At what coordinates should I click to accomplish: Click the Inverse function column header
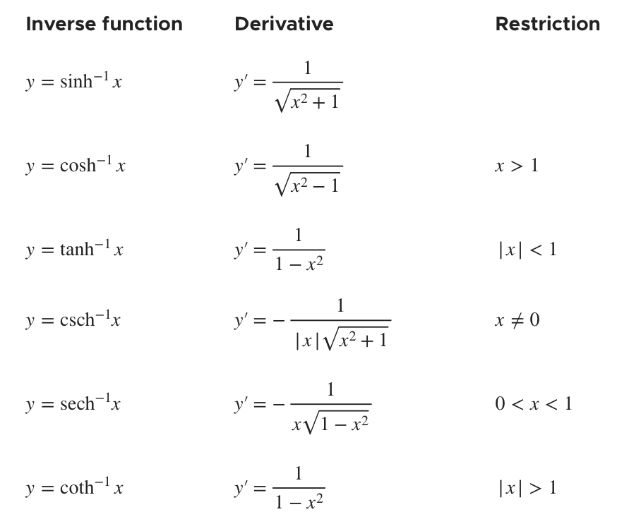(104, 24)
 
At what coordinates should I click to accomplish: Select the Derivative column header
(284, 24)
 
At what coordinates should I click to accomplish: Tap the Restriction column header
(548, 24)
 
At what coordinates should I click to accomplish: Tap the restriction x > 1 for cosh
(517, 166)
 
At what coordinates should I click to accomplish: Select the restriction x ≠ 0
(517, 320)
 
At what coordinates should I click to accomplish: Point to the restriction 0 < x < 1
(534, 404)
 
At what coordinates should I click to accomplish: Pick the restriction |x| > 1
(527, 487)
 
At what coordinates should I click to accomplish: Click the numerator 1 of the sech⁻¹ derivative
(330, 389)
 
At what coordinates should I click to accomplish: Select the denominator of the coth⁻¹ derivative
(299, 503)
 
